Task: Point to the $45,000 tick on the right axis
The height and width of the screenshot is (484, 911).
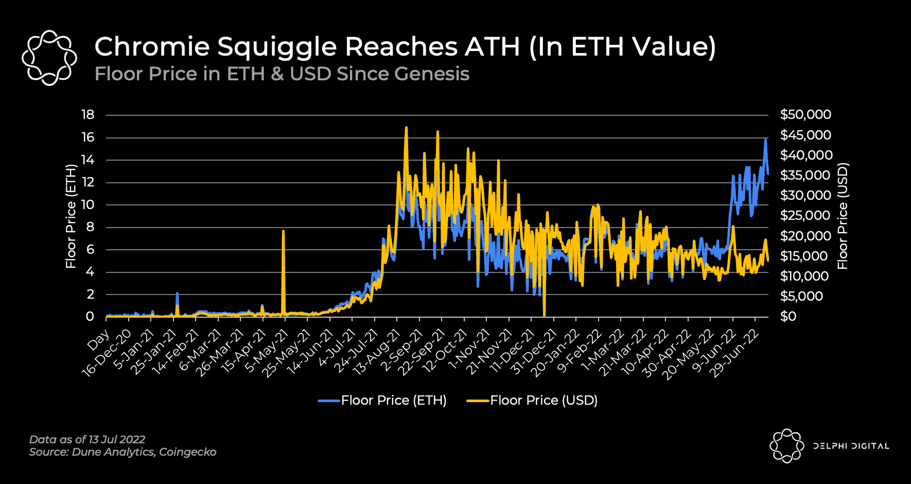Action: click(805, 135)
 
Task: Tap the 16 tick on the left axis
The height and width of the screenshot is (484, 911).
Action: click(88, 137)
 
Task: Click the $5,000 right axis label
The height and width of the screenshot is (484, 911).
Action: click(801, 296)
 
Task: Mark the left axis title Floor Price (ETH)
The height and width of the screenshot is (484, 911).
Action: click(71, 216)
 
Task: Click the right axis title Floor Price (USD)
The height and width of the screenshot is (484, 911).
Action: click(843, 216)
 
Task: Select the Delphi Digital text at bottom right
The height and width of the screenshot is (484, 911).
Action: click(851, 446)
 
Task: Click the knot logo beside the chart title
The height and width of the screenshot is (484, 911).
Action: click(49, 58)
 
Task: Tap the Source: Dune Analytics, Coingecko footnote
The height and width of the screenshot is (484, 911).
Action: click(122, 452)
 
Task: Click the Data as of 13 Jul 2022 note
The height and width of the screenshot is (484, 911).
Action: click(87, 440)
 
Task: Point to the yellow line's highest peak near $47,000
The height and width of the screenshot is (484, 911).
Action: click(406, 128)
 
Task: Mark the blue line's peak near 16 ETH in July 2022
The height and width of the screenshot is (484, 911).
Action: click(766, 139)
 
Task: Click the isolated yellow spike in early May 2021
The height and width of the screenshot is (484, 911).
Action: click(283, 232)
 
